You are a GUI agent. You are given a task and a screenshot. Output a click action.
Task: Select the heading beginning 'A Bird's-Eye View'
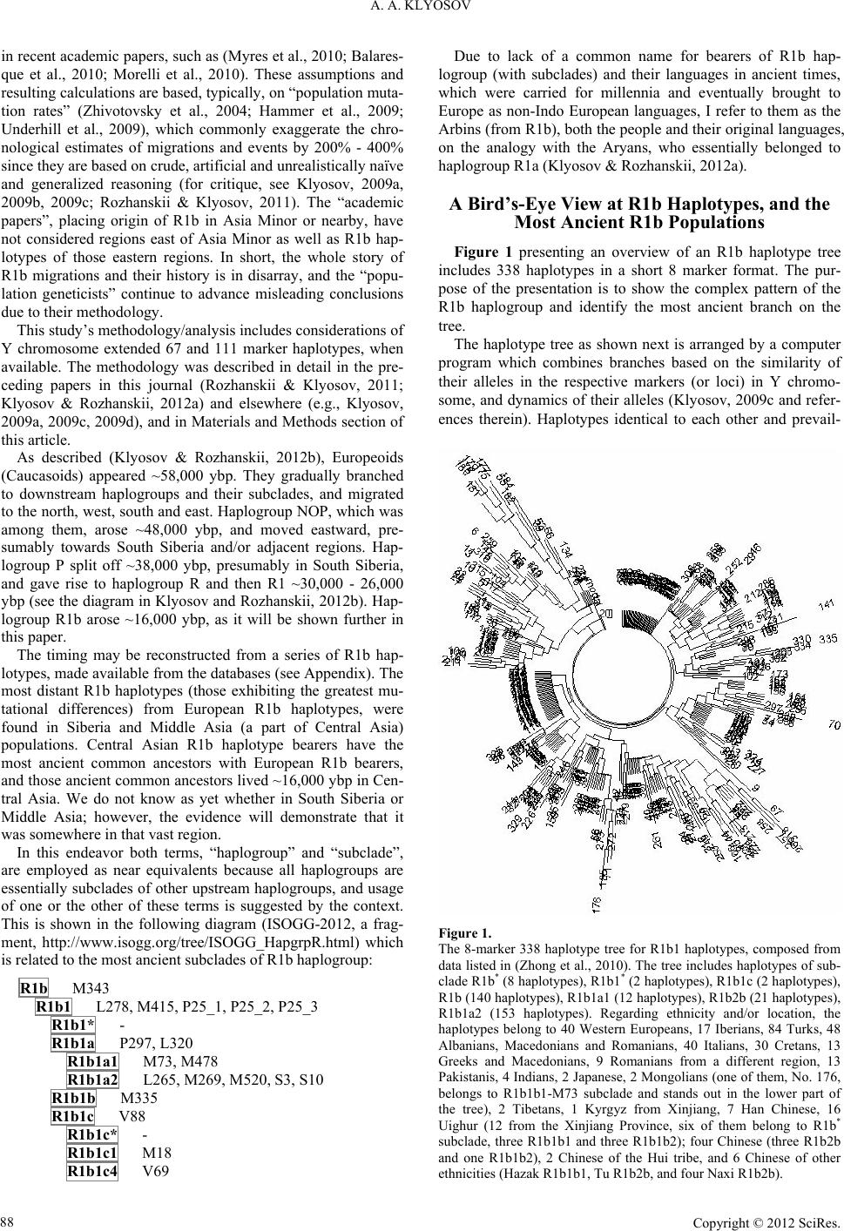pyautogui.click(x=639, y=213)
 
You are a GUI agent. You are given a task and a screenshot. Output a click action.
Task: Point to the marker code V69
pyautogui.click(x=156, y=1171)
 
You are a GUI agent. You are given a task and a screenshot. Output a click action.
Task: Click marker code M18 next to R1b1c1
pyautogui.click(x=157, y=1154)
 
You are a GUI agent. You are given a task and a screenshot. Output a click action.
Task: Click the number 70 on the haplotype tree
pyautogui.click(x=834, y=724)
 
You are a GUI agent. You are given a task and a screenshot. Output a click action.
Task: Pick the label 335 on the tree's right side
pyautogui.click(x=827, y=639)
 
